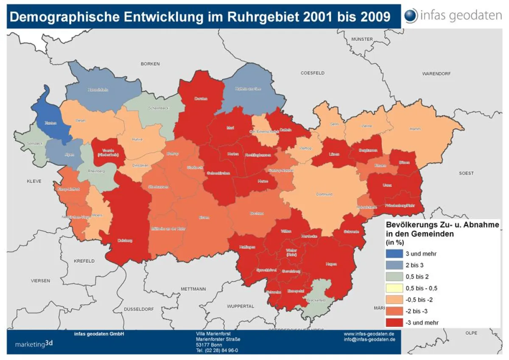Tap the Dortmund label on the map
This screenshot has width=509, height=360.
point(324,194)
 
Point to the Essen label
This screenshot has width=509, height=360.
point(204,218)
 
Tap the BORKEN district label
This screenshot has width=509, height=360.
point(150,64)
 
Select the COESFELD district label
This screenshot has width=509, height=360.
point(313,73)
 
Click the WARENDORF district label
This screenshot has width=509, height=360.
point(436,74)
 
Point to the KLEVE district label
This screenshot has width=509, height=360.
point(34,181)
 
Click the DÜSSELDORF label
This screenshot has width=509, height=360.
point(139,309)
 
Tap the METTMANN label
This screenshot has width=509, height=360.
point(193,289)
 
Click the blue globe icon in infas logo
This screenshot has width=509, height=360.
point(411,16)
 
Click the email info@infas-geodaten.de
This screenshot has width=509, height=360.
point(369,340)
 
